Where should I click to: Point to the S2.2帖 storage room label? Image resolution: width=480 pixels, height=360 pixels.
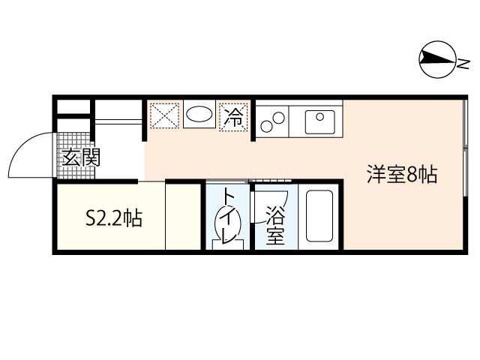(x=113, y=218)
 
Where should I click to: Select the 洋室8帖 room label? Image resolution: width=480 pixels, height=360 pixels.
(x=402, y=175)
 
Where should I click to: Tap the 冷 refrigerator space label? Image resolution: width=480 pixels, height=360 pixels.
(x=234, y=117)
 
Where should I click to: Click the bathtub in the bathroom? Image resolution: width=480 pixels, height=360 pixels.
(x=319, y=217)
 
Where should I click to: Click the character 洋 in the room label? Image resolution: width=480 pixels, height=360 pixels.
(x=376, y=175)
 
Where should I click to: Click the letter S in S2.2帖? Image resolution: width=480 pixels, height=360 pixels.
(x=91, y=218)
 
